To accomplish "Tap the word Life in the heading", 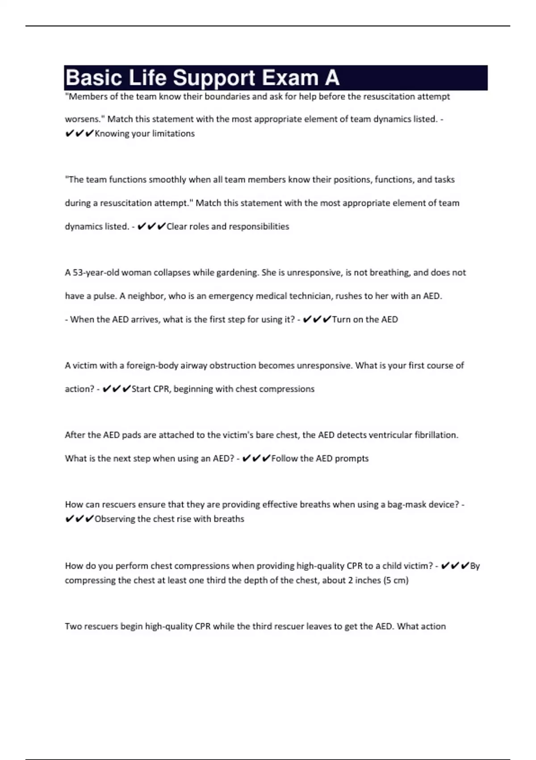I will (x=148, y=78).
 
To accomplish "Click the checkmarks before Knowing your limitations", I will (x=79, y=134).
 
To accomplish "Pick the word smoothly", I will (x=167, y=180).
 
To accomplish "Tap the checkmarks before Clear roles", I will (x=151, y=227).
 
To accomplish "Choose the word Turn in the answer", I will (x=341, y=320).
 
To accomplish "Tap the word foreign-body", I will (x=152, y=366).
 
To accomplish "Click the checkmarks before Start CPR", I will (x=117, y=389).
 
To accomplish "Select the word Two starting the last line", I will (x=72, y=626).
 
